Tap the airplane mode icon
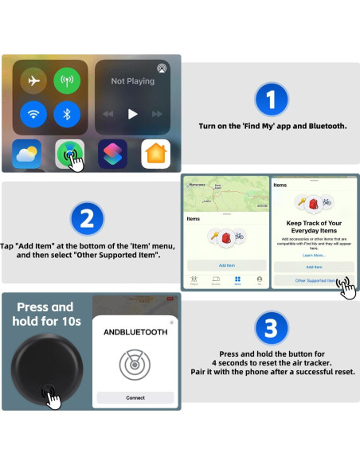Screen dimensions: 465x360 (33, 81)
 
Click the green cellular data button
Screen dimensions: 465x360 (66, 81)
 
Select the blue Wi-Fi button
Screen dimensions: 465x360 (33, 114)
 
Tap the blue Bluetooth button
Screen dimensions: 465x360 (66, 114)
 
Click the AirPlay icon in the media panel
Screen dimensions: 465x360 (162, 68)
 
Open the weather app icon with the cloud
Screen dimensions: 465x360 (27, 154)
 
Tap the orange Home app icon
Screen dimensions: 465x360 (155, 154)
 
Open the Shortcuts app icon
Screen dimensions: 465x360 (112, 154)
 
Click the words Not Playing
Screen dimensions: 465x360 (133, 81)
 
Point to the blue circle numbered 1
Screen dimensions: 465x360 (270, 100)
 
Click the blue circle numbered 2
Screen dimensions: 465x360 (87, 218)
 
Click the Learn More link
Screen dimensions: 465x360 (313, 255)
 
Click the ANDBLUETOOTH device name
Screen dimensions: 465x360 (135, 332)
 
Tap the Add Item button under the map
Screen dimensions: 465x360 (226, 264)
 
